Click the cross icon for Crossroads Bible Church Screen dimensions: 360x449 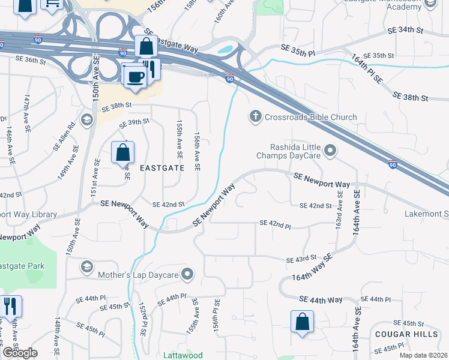pyautogui.click(x=255, y=117)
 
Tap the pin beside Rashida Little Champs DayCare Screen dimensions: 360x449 pyautogui.click(x=330, y=150)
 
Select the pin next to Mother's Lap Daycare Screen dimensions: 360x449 pyautogui.click(x=188, y=275)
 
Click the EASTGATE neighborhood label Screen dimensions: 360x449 pyautogui.click(x=161, y=169)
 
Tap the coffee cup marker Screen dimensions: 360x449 pyautogui.click(x=136, y=76)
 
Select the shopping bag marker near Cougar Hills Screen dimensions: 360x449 pyautogui.click(x=302, y=321)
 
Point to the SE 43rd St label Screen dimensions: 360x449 pyautogui.click(x=301, y=258)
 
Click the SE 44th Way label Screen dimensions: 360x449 pyautogui.click(x=320, y=299)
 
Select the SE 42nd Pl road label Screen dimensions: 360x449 pyautogui.click(x=275, y=223)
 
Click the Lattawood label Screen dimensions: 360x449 pyautogui.click(x=183, y=355)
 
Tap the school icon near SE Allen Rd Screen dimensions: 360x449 pyautogui.click(x=87, y=119)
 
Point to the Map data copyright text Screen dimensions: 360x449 pyautogui.click(x=424, y=355)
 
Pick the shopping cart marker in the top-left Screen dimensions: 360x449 pyautogui.click(x=52, y=4)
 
